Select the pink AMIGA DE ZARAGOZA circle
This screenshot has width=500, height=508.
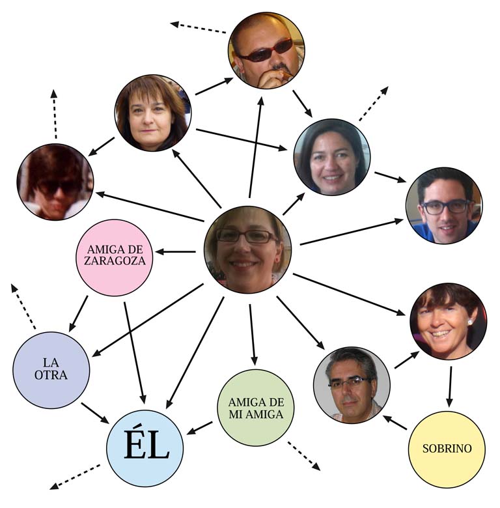tap(115, 257)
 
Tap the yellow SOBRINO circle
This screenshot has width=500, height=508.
tap(447, 449)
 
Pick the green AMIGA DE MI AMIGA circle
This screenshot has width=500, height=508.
tap(256, 408)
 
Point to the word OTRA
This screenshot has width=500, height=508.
tap(51, 375)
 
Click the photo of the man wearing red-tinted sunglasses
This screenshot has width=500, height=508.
tap(266, 50)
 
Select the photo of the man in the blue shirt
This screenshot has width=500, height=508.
tap(444, 206)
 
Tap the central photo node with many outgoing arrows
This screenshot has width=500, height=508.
tap(247, 249)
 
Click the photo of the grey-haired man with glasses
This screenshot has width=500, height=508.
tap(352, 385)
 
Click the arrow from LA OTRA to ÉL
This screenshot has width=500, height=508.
tap(95, 412)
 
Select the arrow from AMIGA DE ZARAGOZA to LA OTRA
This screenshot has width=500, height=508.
tap(79, 312)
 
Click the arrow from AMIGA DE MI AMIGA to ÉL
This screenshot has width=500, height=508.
tap(201, 428)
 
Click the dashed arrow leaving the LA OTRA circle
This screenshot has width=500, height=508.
tap(23, 306)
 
